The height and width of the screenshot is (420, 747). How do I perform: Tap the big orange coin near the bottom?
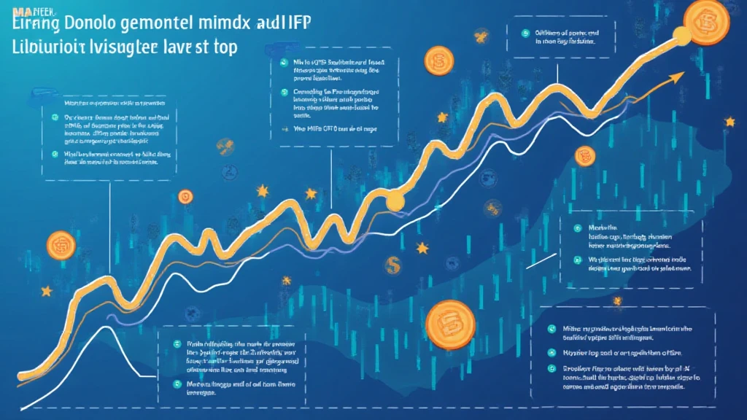(450, 323)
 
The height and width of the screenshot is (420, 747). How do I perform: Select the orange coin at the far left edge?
(61, 246)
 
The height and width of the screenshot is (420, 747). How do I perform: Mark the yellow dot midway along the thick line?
(395, 202)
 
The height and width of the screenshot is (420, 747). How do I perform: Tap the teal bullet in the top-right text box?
(525, 33)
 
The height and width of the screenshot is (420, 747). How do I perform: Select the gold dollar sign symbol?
(394, 263)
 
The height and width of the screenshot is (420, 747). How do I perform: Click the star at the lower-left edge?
(47, 291)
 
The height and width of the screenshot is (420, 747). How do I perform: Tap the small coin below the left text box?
(185, 195)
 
